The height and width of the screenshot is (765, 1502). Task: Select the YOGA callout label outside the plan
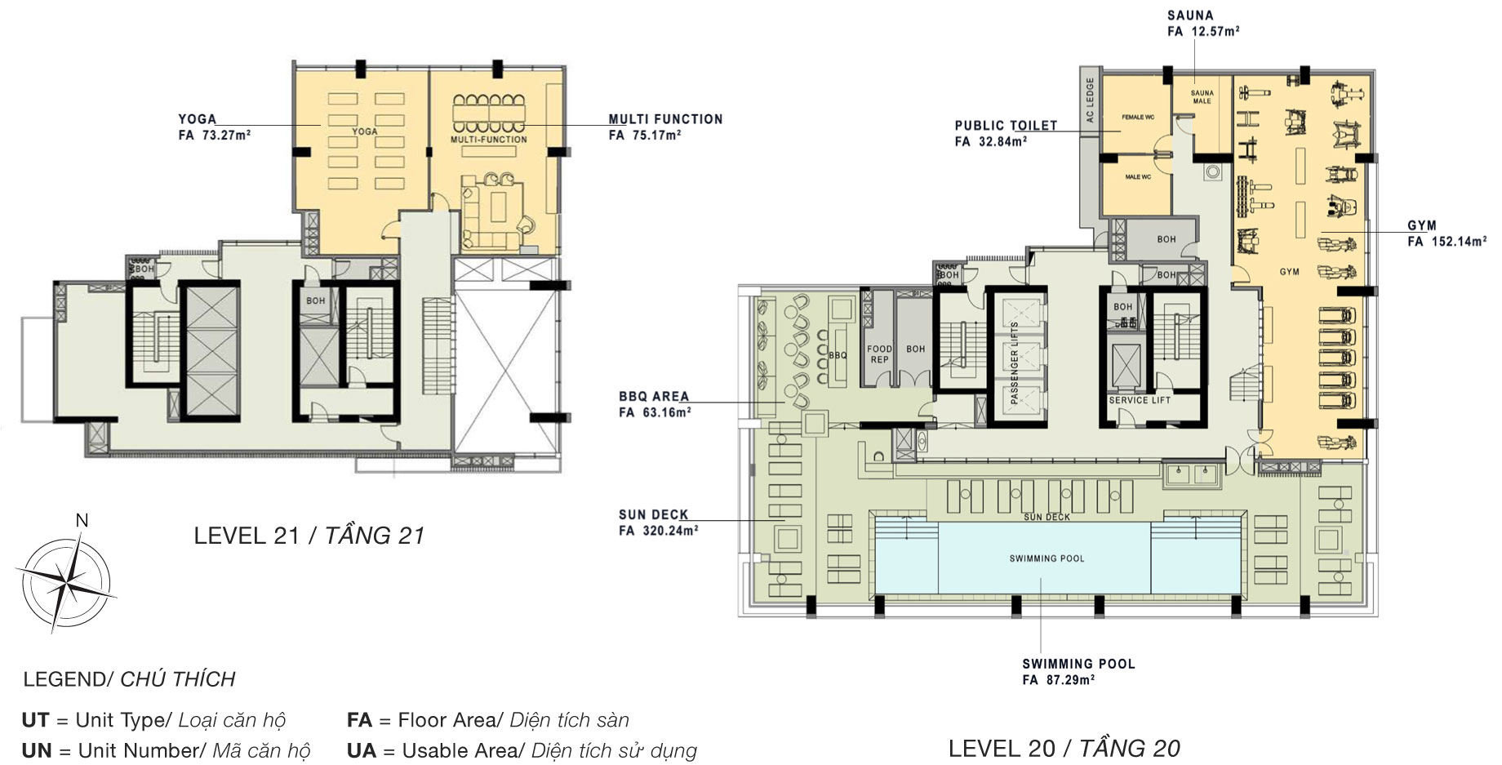198,119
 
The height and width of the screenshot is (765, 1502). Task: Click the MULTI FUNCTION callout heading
665,119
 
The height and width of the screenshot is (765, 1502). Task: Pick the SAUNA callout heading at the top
1190,16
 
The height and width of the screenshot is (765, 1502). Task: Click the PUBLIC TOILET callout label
1006,126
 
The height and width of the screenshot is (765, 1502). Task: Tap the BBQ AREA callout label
654,397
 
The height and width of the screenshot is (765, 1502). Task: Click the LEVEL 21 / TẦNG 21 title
309,536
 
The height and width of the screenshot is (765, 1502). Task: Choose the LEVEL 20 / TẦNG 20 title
1064,748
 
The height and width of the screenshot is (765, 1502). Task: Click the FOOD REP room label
879,354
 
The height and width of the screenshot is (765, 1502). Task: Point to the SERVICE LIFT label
1140,401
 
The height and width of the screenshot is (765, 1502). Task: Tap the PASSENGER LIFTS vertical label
1015,362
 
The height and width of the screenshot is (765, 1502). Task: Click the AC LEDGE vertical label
1089,100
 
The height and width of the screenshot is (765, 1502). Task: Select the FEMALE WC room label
1137,118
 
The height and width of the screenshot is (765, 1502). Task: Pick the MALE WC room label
1137,177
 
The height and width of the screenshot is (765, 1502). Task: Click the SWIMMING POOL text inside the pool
1047,558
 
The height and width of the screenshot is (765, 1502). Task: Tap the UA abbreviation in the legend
361,750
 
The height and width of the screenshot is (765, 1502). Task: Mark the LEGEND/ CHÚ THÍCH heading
129,679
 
